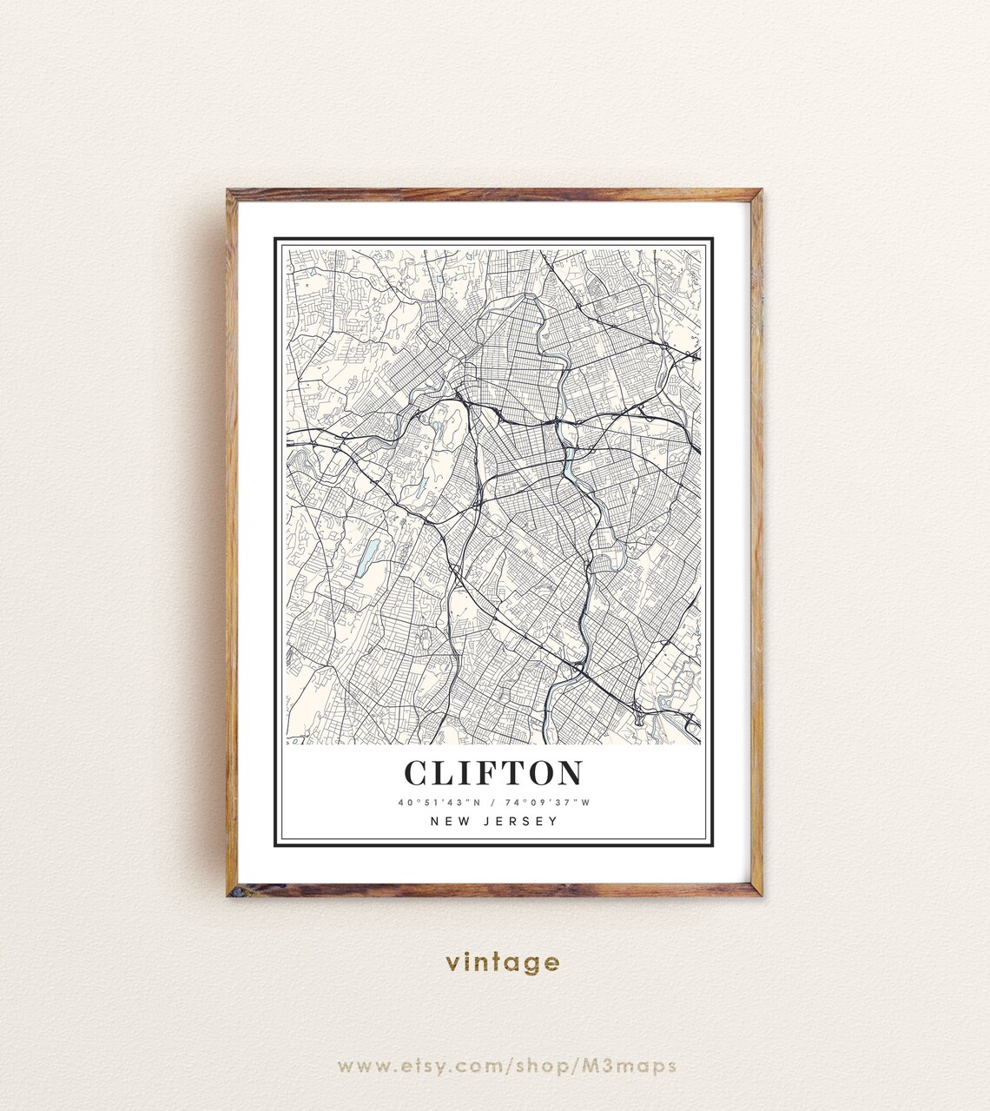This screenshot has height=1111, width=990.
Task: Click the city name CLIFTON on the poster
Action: click(493, 772)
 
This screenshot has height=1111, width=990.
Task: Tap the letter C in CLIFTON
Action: click(417, 772)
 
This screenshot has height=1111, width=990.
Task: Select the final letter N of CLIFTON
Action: click(569, 772)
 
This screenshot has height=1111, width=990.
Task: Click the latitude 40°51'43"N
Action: click(439, 803)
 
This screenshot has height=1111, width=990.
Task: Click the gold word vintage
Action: click(503, 962)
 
